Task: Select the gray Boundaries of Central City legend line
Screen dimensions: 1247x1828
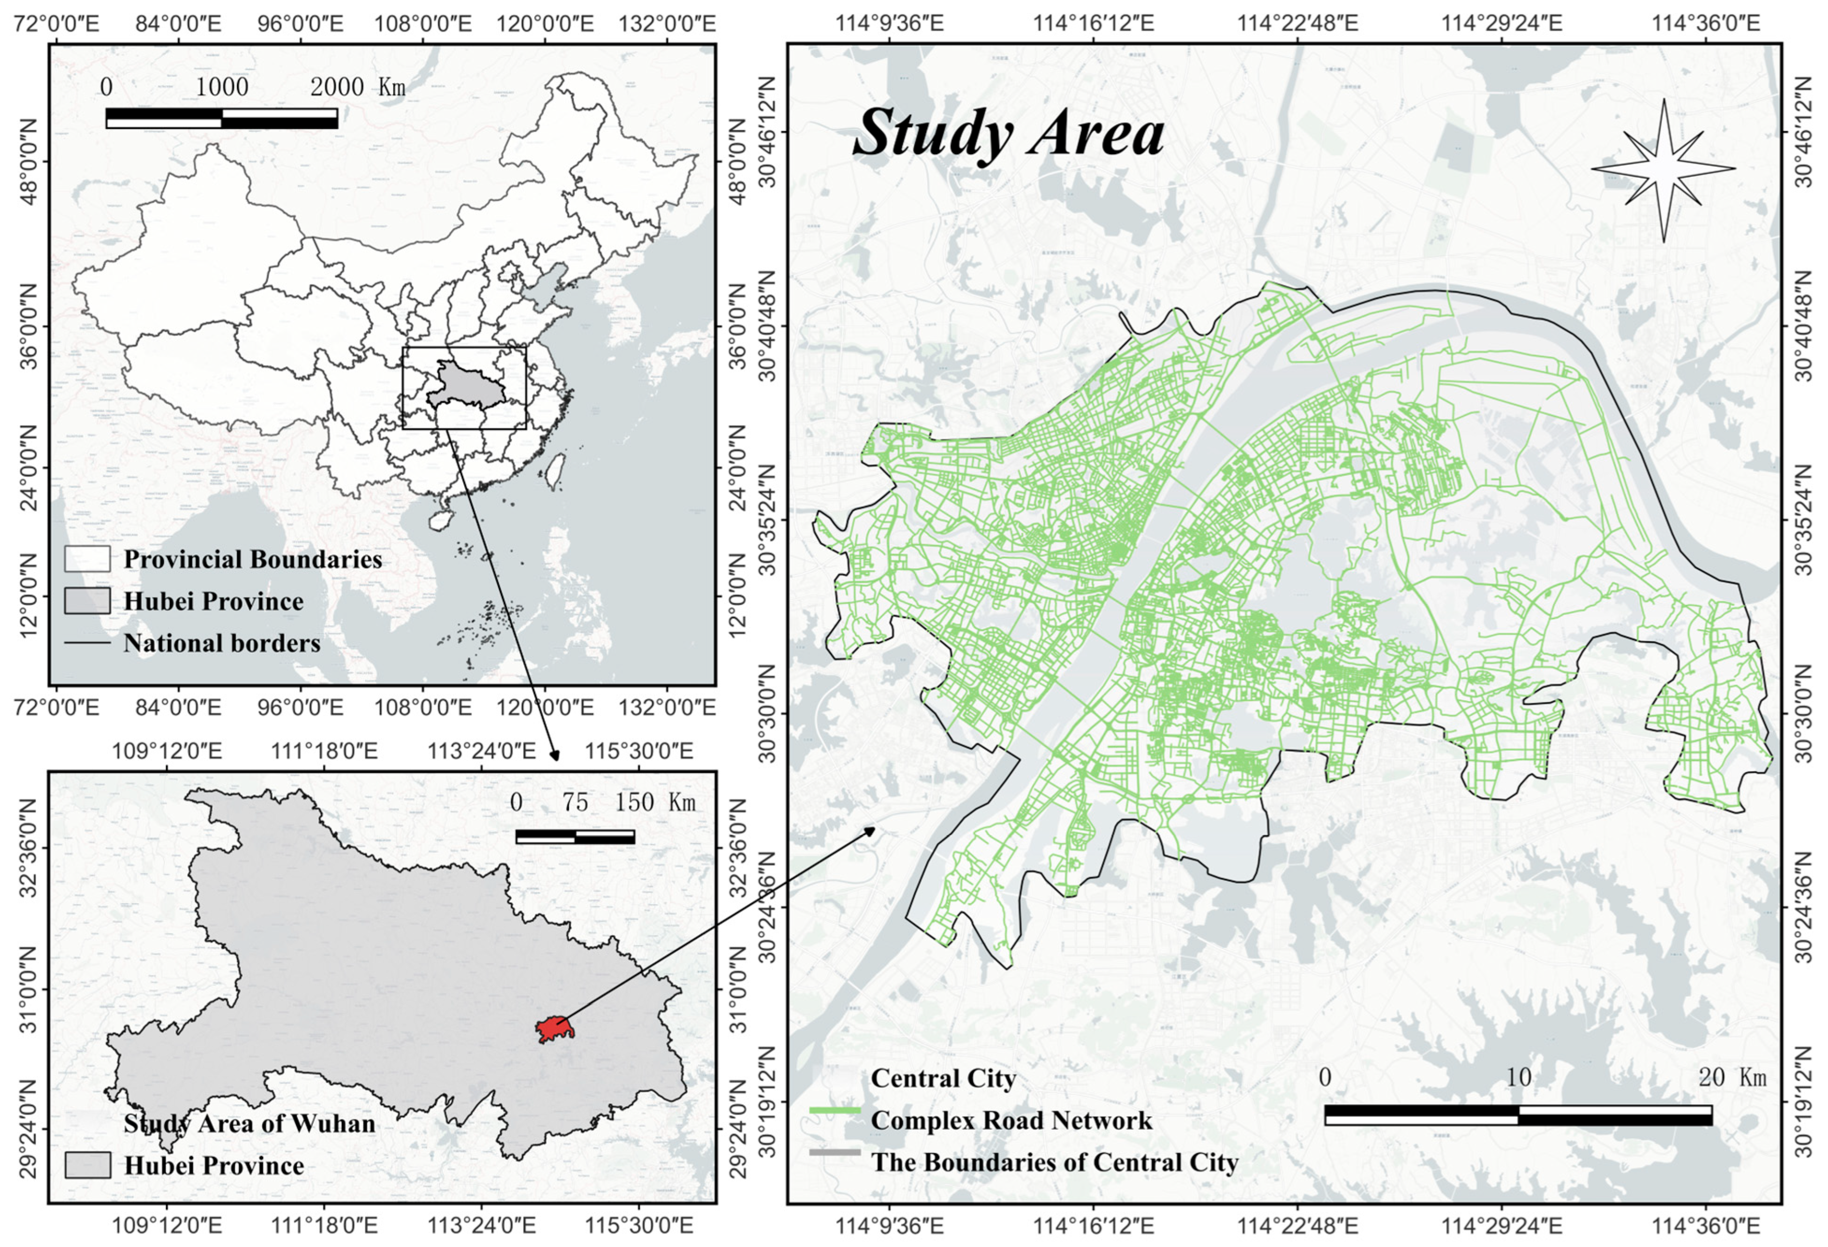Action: point(835,1152)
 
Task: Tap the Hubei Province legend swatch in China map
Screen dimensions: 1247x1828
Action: point(87,601)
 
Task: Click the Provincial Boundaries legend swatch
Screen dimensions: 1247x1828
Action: point(87,559)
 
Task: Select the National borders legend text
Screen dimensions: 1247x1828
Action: point(222,644)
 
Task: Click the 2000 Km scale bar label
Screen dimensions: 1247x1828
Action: point(358,87)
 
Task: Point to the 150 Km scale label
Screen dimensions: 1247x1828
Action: point(655,802)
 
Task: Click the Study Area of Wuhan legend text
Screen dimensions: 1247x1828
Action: point(249,1123)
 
